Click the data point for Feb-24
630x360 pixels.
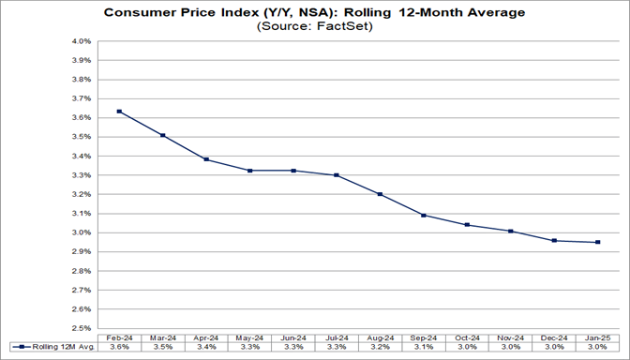coord(119,112)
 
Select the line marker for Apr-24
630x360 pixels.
coord(206,159)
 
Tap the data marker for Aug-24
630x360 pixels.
coord(380,194)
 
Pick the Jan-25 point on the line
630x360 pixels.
coord(597,242)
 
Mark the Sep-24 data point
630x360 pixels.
coord(424,216)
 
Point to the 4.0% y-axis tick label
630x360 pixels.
coord(81,41)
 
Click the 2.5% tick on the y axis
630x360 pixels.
coord(81,328)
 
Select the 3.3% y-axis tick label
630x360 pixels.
coord(81,175)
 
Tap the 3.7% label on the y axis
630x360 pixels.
coord(81,98)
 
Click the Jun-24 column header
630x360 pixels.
coord(293,337)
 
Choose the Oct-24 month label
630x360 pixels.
coord(467,337)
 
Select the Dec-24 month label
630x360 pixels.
coord(554,337)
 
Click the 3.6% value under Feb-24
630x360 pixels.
coord(119,348)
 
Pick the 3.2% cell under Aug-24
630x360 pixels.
coord(380,348)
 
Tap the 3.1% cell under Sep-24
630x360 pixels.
coord(424,348)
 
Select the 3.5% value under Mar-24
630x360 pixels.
coord(163,348)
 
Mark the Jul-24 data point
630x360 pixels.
coord(337,175)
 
